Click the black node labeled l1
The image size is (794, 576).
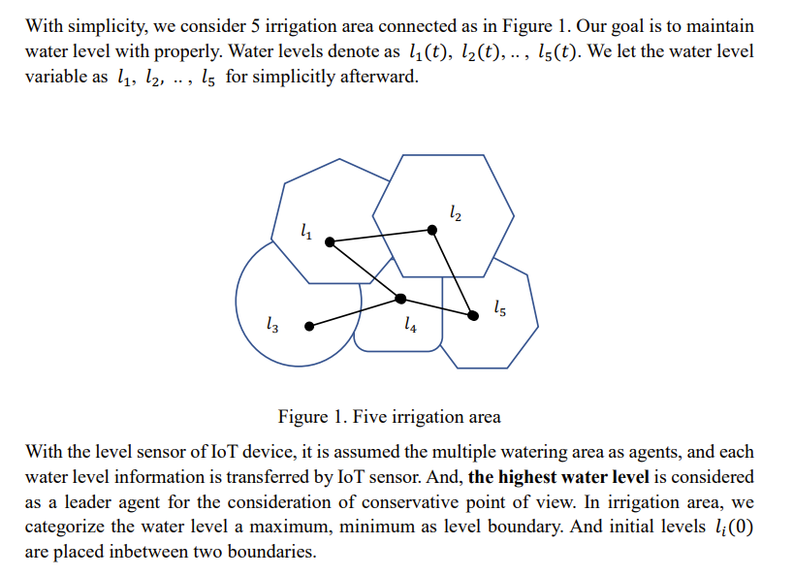[329, 240]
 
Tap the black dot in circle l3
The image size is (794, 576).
[309, 327]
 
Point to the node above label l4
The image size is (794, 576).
[401, 298]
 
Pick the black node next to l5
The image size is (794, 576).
[473, 315]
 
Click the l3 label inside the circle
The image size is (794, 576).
[272, 326]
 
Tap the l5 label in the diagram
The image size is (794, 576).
[498, 308]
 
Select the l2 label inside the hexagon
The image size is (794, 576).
[457, 212]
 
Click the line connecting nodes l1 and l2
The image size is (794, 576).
[381, 236]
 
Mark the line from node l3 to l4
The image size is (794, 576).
[355, 312]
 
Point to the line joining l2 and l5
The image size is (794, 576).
[453, 272]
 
